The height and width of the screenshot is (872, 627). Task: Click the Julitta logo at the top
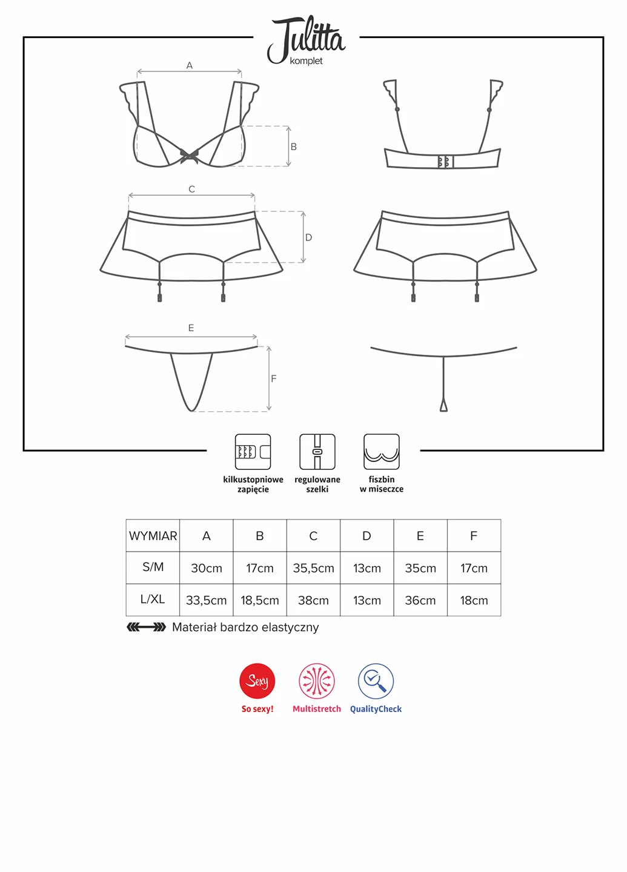306,40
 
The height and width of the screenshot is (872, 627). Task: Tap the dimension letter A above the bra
189,65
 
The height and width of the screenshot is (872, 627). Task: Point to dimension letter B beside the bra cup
294,147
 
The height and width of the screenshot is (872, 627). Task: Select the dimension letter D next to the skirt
308,237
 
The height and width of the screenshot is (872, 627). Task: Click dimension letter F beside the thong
274,378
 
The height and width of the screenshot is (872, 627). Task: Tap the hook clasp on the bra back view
445,161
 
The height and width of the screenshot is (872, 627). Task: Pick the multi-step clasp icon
253,452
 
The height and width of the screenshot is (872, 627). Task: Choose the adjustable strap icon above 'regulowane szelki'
317,452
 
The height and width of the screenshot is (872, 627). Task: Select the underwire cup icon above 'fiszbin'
382,452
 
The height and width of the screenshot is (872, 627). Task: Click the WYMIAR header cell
153,536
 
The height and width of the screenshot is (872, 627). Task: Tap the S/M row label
153,567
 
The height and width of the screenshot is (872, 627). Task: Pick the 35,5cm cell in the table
314,568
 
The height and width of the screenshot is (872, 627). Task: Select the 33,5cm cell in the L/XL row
207,600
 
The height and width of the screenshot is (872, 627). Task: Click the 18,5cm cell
260,600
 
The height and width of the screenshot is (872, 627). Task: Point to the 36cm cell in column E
420,600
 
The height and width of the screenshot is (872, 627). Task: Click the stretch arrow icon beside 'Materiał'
147,627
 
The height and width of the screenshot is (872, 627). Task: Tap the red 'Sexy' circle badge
257,681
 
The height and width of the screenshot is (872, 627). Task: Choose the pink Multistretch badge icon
317,681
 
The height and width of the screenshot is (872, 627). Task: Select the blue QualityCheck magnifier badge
376,681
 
